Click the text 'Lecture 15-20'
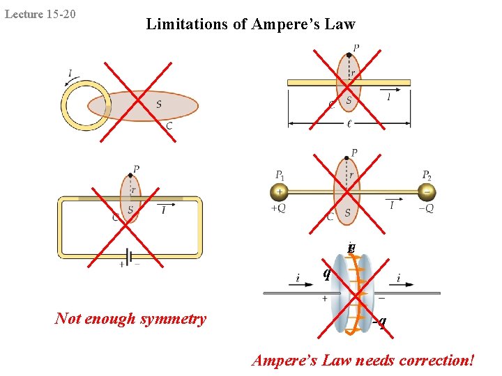tap(40, 14)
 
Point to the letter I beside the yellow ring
tap(70, 73)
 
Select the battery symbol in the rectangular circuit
tap(130, 258)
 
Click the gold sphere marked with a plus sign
tap(279, 191)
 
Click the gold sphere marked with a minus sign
tap(425, 191)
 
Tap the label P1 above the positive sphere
tap(280, 175)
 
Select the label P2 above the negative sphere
tap(426, 175)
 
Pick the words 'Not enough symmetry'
tap(130, 319)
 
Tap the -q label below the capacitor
tap(379, 321)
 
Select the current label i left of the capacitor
tap(298, 279)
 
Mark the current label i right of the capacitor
tap(398, 279)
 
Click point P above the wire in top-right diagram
tap(349, 54)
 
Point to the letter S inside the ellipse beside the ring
tap(159, 104)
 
